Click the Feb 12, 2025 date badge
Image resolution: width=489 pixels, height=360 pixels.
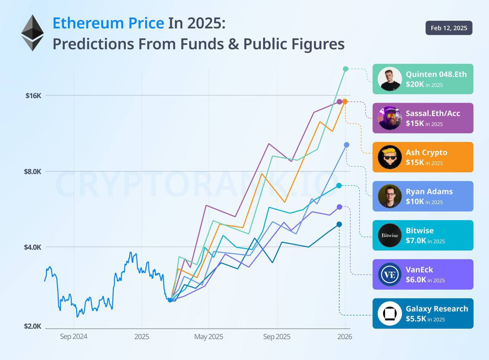[449, 28]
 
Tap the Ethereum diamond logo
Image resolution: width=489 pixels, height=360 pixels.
[32, 33]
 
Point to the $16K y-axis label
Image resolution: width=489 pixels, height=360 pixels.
[33, 96]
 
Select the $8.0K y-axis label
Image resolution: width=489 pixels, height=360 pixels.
[32, 172]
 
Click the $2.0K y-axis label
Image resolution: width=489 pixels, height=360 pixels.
[32, 326]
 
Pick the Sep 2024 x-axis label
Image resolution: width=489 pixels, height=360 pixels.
[74, 337]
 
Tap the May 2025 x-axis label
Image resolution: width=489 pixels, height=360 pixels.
[209, 337]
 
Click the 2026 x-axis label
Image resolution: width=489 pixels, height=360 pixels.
[345, 337]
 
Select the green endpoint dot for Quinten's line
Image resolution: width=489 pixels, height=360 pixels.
[346, 69]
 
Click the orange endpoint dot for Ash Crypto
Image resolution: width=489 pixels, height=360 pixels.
[345, 101]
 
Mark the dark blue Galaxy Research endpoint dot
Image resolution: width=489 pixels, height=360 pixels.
[339, 224]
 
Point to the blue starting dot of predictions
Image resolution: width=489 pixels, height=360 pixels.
[170, 300]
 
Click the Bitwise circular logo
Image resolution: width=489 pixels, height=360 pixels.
[390, 235]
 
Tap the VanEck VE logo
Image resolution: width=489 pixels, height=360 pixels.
[390, 274]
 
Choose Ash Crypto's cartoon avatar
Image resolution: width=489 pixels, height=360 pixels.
[390, 157]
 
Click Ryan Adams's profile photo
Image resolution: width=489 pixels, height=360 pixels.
[390, 196]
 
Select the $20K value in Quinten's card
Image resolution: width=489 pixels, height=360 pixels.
[415, 84]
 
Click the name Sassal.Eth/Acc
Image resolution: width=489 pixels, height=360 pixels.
[433, 114]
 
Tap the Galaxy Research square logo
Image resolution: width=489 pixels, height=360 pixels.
[390, 313]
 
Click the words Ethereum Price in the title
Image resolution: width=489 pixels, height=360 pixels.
[108, 23]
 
